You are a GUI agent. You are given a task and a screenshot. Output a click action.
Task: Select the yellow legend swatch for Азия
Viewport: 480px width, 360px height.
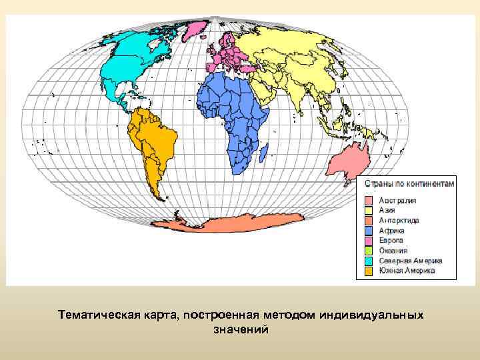pos(369,210)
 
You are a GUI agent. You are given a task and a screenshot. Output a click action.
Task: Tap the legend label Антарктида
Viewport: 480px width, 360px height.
pos(399,220)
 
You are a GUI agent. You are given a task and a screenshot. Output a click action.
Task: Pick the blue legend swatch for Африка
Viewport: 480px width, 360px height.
pos(369,230)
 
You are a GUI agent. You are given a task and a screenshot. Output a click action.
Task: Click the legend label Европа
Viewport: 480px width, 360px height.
pos(392,240)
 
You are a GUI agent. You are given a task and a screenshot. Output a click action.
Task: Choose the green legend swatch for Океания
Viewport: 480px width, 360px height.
pos(369,251)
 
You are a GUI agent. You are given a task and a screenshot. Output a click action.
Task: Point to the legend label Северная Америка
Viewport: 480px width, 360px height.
pos(411,261)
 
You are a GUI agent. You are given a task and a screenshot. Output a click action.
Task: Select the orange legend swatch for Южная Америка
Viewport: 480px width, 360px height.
pos(369,271)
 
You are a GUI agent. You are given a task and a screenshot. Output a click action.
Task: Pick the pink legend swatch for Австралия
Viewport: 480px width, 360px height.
pos(369,200)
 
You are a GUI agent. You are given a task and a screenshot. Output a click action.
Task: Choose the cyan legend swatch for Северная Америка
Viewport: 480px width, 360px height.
pos(369,261)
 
